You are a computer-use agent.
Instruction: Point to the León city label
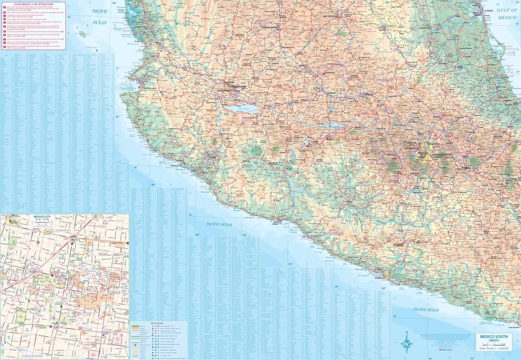pos(301,65)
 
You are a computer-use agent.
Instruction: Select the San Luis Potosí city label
pos(330,16)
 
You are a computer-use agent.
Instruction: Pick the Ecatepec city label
pos(434,144)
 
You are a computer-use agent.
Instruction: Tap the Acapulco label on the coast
pos(380,278)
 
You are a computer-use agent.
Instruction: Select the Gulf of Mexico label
pos(507,14)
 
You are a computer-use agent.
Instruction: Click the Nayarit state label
pos(186,55)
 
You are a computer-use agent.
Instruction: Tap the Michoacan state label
pos(326,163)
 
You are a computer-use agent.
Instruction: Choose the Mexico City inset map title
pos(42,217)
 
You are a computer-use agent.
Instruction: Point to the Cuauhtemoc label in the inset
pos(32,356)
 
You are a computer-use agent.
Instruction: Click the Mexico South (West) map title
pos(494,338)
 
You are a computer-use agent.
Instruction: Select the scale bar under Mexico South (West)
pos(494,344)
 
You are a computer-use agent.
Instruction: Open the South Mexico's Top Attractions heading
pos(34,5)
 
